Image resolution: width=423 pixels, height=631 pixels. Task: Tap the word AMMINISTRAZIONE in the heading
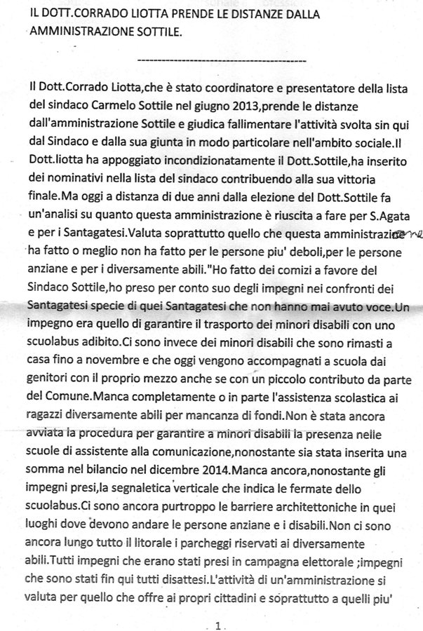pyautogui.click(x=74, y=32)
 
